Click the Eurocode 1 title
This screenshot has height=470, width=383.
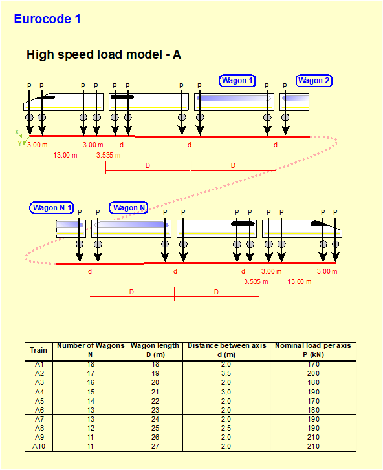tap(47, 19)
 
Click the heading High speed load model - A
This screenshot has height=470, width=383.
tap(104, 54)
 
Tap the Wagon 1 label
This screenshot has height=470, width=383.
tap(237, 81)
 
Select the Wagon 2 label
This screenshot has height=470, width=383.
tap(314, 81)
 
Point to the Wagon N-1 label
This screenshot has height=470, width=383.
tap(52, 208)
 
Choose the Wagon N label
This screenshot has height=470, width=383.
tap(129, 208)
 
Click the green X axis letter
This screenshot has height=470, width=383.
tap(17, 132)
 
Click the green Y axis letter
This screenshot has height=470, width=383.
tap(20, 143)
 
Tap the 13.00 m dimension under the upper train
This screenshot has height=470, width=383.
tap(65, 155)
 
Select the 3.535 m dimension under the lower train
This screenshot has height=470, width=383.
tap(256, 281)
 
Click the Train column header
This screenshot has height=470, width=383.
tap(38, 350)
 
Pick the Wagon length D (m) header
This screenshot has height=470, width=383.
tap(155, 350)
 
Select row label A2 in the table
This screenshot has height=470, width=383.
tap(39, 373)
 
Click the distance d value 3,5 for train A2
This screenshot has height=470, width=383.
tap(226, 373)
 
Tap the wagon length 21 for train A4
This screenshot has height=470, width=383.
tap(155, 392)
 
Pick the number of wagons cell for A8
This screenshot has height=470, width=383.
tap(91, 428)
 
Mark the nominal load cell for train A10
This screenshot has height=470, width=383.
tap(313, 446)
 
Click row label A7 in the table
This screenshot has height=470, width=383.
tap(39, 419)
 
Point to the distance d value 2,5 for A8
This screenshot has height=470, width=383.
tap(226, 428)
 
